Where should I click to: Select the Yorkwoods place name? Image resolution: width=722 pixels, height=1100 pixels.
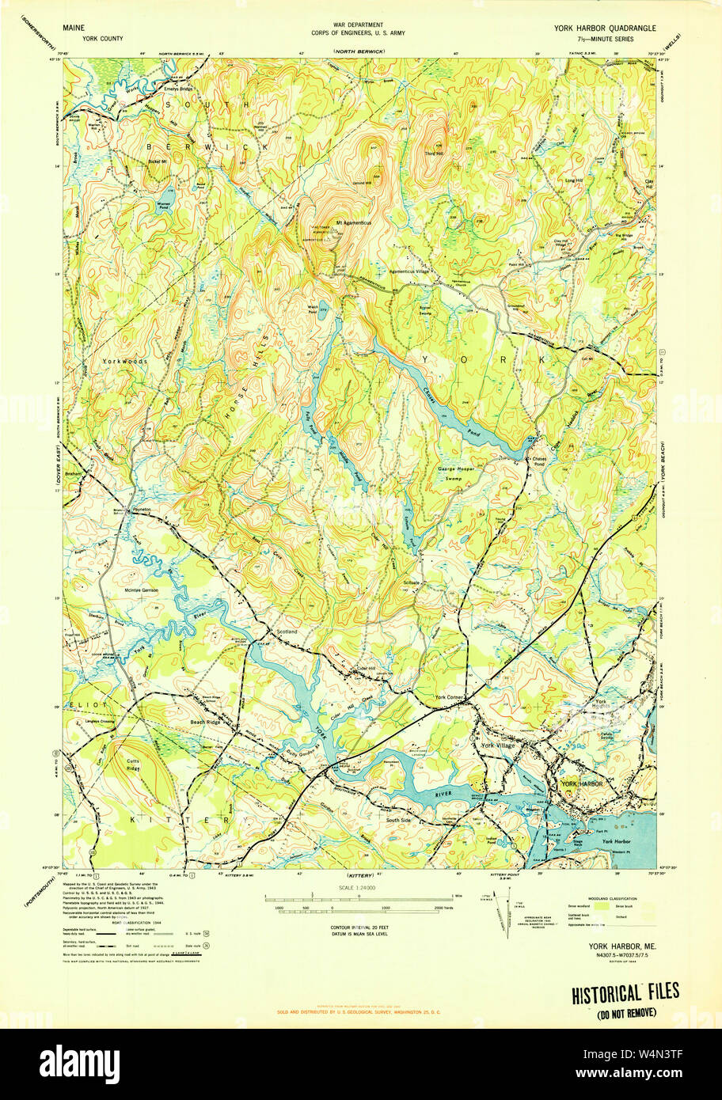point(124,361)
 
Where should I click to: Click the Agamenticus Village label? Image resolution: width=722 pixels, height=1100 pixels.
point(424,270)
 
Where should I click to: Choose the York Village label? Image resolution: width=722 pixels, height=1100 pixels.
point(498,745)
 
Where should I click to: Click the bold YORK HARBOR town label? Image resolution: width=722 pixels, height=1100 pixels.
point(582,783)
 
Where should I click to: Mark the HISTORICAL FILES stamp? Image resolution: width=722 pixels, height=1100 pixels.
point(625,995)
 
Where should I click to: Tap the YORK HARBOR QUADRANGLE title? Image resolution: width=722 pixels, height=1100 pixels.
point(605,28)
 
